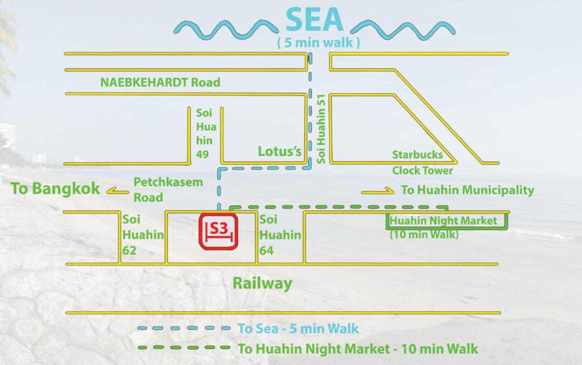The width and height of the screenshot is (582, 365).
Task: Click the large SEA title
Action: click(x=314, y=19)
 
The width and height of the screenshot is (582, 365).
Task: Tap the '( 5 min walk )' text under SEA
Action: click(x=318, y=43)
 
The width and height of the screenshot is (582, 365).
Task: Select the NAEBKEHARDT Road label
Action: click(x=160, y=82)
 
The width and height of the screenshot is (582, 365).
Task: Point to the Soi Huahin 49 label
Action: click(x=205, y=134)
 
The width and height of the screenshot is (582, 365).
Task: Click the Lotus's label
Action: click(x=279, y=151)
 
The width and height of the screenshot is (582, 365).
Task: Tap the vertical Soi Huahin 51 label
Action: click(x=321, y=128)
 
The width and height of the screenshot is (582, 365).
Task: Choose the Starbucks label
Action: click(x=417, y=155)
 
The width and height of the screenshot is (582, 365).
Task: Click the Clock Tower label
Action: click(x=422, y=171)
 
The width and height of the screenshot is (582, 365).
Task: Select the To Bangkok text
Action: click(x=55, y=189)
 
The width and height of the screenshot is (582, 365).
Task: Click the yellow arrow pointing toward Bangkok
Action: click(x=118, y=192)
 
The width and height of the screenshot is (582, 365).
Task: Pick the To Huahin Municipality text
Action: click(x=467, y=190)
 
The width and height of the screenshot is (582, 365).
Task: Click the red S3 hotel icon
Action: click(x=219, y=231)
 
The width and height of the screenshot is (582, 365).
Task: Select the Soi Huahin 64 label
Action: click(x=280, y=235)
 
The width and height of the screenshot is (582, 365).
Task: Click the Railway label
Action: click(x=262, y=283)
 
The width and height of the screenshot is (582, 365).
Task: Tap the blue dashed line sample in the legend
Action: click(x=184, y=328)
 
